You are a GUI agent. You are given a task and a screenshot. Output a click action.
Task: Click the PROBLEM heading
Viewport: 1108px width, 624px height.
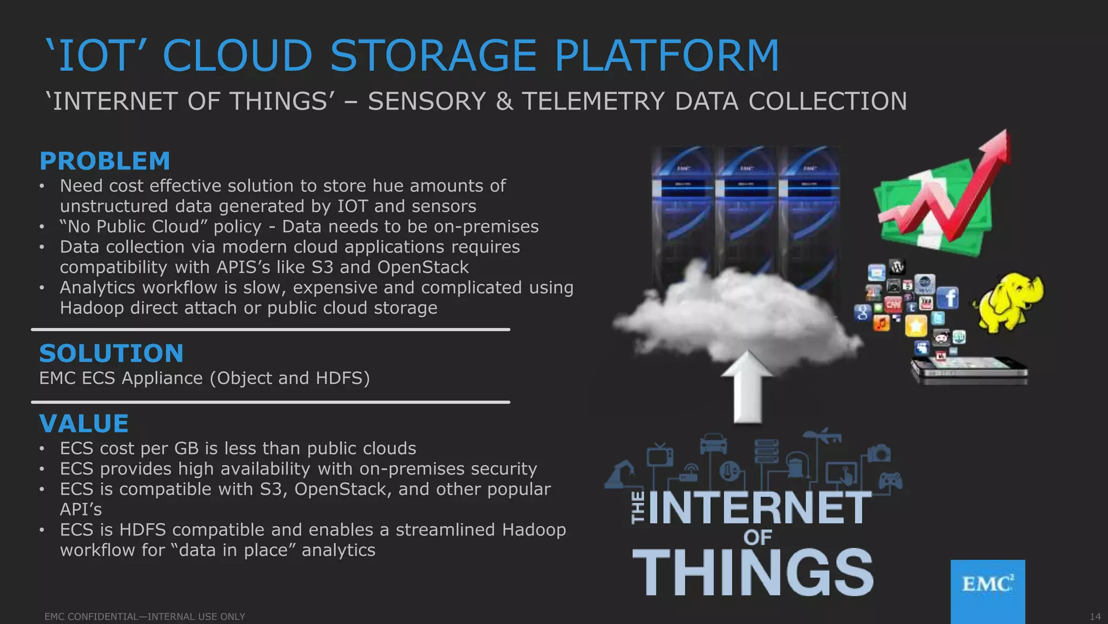(x=105, y=161)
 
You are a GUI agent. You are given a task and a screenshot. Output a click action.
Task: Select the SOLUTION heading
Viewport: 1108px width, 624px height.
(x=111, y=354)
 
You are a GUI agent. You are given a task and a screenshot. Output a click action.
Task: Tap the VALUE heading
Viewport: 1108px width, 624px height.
(x=84, y=424)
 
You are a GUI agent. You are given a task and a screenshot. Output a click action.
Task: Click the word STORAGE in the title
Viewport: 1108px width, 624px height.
(x=433, y=56)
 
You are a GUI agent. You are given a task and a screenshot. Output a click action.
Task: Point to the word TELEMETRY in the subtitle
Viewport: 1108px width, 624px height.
(x=593, y=102)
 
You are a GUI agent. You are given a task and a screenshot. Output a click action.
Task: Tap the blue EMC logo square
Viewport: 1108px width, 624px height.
(x=987, y=590)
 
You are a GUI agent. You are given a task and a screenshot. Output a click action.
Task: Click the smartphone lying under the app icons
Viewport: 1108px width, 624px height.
(x=968, y=370)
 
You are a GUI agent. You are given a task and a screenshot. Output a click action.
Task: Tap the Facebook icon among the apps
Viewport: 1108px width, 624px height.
(x=947, y=298)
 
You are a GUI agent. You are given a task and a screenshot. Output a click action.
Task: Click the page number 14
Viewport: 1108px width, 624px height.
(x=1094, y=616)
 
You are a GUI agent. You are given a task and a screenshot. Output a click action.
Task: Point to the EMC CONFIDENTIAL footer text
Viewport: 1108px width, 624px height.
(x=144, y=616)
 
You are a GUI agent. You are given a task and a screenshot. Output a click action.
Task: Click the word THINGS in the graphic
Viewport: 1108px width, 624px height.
(x=753, y=573)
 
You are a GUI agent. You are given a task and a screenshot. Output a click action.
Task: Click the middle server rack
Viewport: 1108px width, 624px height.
(x=747, y=211)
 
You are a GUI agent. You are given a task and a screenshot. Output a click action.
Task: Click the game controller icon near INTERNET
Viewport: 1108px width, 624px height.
(x=890, y=480)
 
